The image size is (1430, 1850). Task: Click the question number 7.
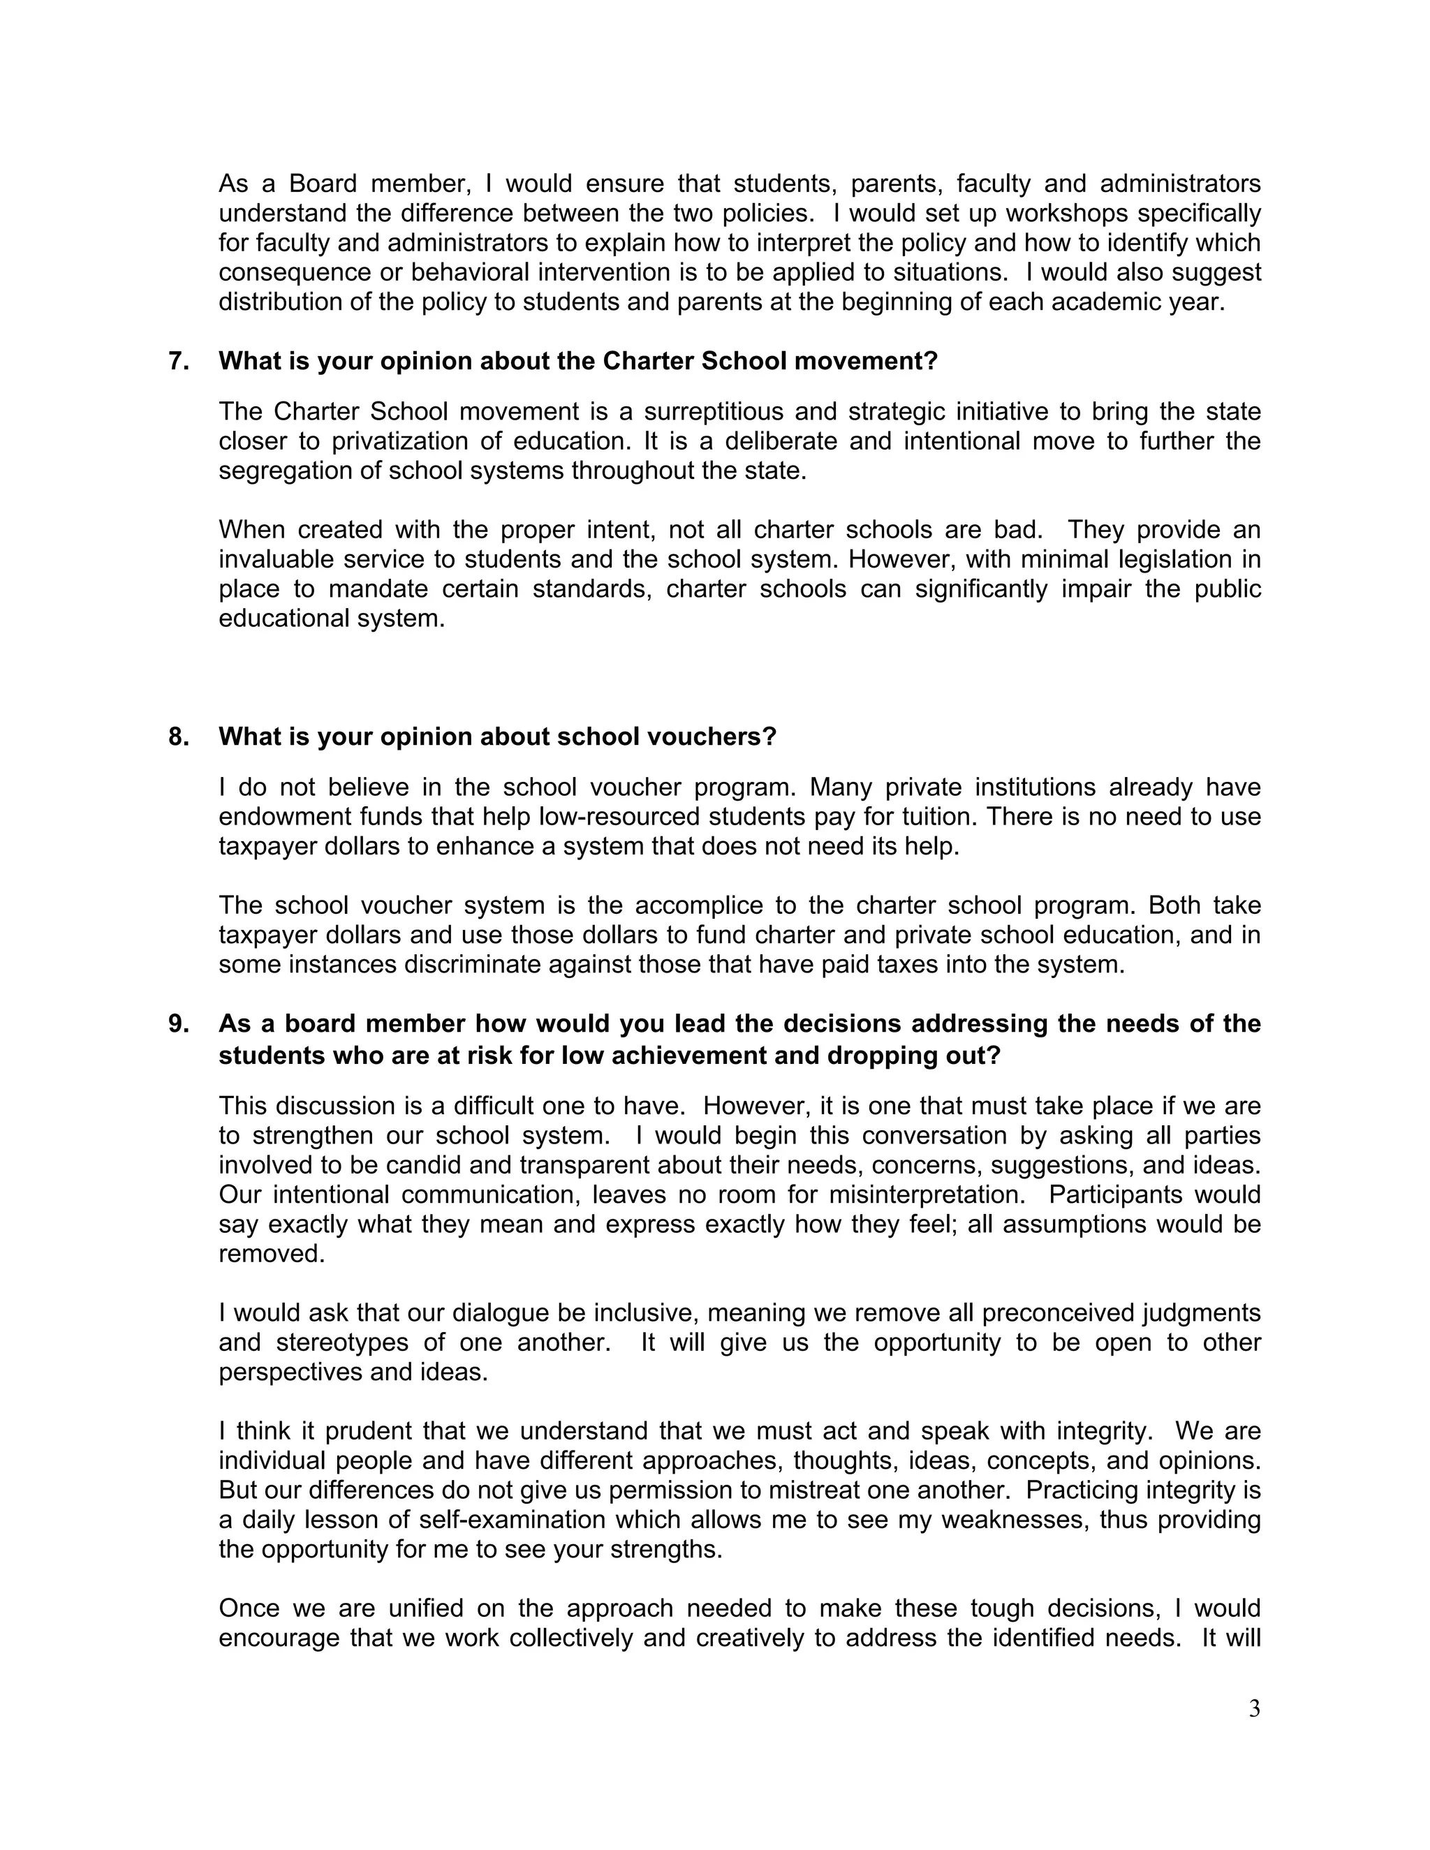point(178,361)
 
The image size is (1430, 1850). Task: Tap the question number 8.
point(178,737)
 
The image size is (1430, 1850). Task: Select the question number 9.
point(178,1024)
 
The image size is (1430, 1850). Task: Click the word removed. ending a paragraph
point(272,1255)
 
